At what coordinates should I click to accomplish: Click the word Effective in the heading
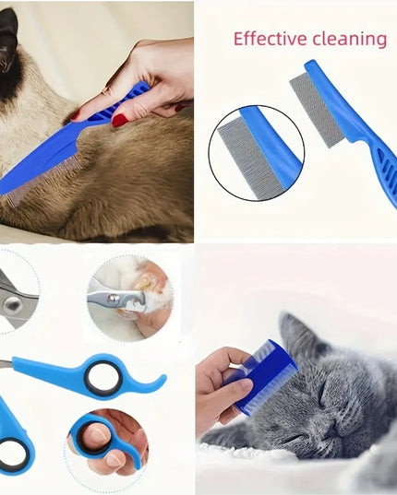point(270,39)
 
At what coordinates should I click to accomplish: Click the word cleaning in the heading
point(350,40)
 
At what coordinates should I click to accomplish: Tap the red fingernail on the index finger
point(75,115)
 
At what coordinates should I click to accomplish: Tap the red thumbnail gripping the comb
point(120,119)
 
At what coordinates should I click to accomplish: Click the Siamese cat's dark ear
point(9,35)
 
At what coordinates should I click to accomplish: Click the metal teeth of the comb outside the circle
point(312,110)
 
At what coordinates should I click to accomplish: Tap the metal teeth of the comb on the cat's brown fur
point(42,181)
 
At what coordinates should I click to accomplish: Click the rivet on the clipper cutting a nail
point(112,298)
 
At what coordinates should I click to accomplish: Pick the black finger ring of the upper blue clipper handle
point(102,379)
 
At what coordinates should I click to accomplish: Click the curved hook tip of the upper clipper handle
point(162,379)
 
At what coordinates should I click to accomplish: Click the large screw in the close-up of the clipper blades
point(13,305)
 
